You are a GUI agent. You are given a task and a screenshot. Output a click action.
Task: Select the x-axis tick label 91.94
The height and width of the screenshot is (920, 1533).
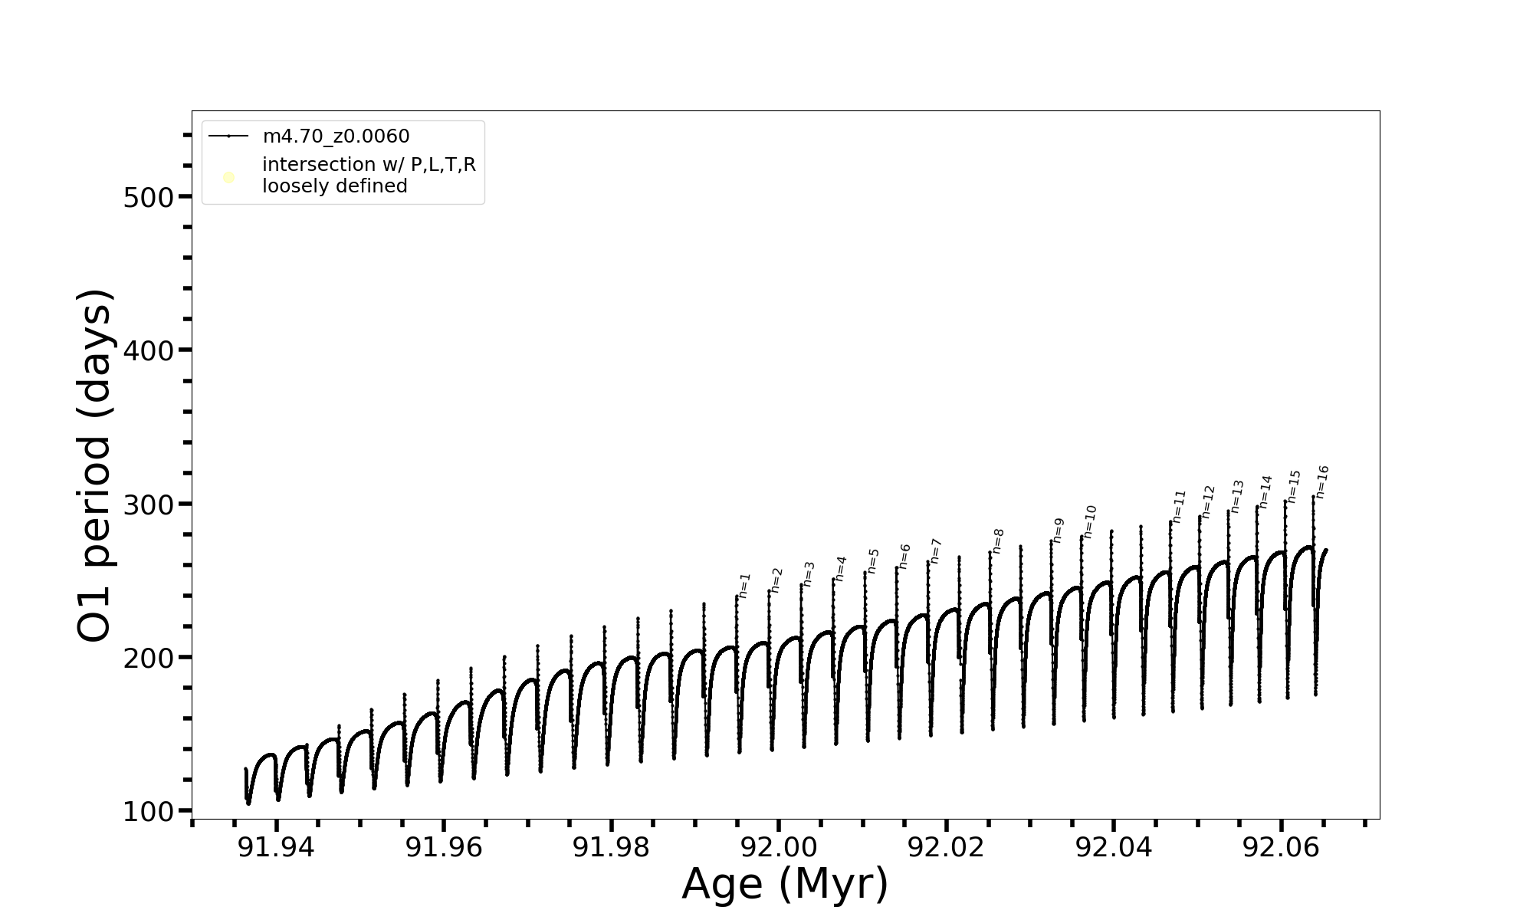276,847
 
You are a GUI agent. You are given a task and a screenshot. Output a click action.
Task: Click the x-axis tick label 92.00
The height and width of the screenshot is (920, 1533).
778,847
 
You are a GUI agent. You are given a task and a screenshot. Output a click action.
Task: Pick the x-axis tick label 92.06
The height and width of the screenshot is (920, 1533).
1281,847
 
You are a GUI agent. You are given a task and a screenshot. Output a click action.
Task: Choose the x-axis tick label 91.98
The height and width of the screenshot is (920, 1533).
611,847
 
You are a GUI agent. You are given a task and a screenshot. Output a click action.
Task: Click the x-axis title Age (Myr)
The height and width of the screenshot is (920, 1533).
785,884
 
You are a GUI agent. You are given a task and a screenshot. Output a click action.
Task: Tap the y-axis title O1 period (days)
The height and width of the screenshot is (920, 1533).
96,465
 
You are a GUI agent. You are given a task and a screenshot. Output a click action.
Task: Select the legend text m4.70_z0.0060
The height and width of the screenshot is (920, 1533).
336,136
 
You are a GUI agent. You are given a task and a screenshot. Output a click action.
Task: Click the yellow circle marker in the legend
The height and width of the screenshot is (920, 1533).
228,178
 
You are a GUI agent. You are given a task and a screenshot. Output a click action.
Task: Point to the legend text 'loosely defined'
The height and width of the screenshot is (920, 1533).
334,186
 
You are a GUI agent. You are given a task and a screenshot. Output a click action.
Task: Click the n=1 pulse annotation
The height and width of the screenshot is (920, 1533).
744,585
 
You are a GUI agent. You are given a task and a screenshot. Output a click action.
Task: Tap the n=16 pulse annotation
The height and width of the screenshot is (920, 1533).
1322,481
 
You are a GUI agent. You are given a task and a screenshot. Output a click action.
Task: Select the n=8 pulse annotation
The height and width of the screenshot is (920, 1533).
998,540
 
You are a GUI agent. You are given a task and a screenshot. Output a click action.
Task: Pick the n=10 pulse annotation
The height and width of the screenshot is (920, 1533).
1090,521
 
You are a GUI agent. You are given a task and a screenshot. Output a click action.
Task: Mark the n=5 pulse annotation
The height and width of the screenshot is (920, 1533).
873,560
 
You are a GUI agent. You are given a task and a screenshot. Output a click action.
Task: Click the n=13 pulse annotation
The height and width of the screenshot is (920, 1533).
1237,496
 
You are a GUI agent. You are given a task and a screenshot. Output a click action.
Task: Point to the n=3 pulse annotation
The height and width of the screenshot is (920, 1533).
809,573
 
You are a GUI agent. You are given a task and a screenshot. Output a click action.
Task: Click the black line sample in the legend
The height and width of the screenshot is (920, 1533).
228,136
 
